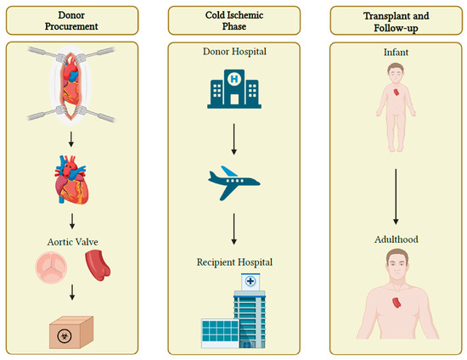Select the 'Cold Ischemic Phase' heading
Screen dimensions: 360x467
pos(233,20)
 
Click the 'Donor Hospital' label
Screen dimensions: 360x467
pos(233,52)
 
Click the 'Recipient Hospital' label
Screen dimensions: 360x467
pos(233,262)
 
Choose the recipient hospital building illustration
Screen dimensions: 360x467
pos(233,314)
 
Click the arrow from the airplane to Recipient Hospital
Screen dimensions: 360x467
pos(233,228)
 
